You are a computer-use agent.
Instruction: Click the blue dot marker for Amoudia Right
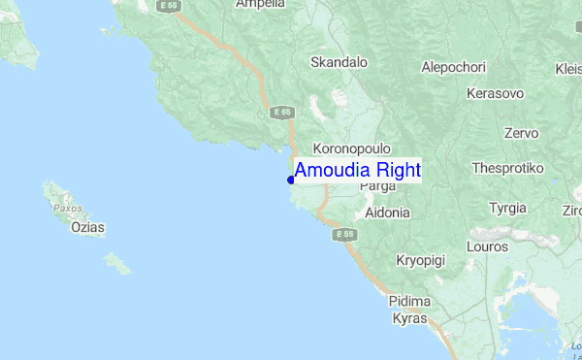point(291,180)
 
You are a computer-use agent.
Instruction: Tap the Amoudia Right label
point(357,171)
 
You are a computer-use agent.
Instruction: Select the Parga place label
point(377,185)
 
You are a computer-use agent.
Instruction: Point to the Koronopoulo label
point(351,148)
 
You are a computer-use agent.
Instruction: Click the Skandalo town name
point(339,62)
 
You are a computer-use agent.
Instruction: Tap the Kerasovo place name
point(495,93)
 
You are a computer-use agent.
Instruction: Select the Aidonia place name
point(388,212)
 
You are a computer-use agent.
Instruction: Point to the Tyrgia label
point(508,208)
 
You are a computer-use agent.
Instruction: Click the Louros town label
point(487,246)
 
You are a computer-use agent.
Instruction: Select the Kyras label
point(408,318)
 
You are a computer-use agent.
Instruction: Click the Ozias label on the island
point(88,228)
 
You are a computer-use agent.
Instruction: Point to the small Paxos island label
point(67,208)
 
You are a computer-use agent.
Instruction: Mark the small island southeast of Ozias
point(117,262)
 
